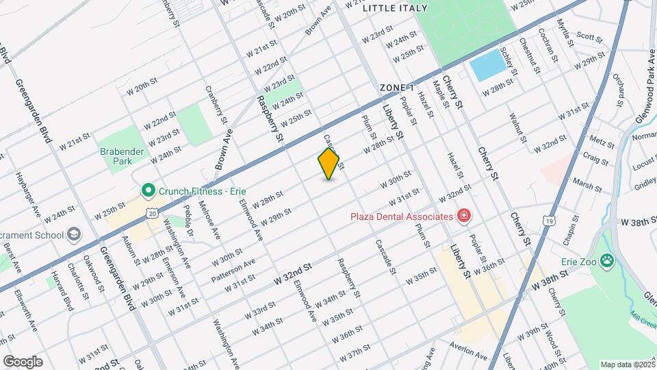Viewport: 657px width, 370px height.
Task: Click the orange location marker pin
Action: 329,164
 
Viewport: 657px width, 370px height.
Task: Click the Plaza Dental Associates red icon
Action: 464,217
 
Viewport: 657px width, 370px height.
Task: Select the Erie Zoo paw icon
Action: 606,260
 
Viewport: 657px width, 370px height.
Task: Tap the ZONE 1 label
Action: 398,88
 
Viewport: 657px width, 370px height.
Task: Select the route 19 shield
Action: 548,221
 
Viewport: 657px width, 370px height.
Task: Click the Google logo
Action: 22,362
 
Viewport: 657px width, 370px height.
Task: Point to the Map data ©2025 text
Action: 626,365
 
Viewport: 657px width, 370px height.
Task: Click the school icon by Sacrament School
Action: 73,235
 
